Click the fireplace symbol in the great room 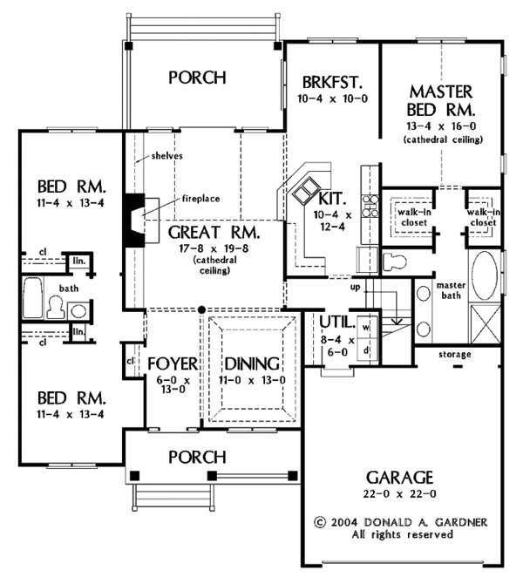point(134,221)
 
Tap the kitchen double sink point(306,191)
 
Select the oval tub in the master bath point(485,275)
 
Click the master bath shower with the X point(486,325)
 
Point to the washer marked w point(367,328)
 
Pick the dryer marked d point(367,350)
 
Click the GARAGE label point(400,477)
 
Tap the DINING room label point(252,363)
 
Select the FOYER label point(173,363)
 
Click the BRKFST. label point(332,82)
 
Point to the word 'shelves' point(166,156)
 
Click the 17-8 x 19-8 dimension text point(214,248)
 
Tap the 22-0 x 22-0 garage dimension point(400,494)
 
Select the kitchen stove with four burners point(370,206)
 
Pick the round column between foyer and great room point(201,309)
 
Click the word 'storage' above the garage point(454,354)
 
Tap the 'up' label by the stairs point(355,287)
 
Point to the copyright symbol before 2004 point(320,522)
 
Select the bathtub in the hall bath point(33,297)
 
